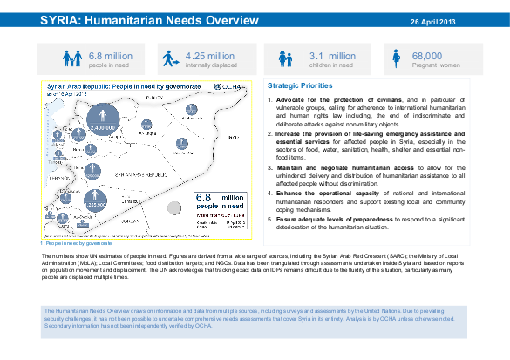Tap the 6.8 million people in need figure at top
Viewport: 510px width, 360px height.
[109, 59]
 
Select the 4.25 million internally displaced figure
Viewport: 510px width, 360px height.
[209, 59]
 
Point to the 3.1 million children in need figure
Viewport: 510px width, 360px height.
[331, 59]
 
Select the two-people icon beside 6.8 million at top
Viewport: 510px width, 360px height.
[72, 59]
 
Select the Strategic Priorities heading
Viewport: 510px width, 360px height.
[299, 86]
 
